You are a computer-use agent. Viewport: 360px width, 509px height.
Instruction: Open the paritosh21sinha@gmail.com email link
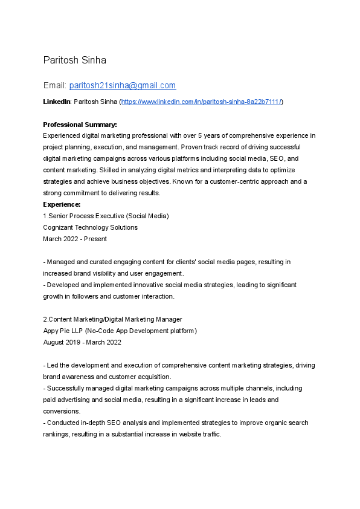tap(123, 86)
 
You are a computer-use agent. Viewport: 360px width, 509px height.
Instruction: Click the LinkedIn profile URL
tap(202, 102)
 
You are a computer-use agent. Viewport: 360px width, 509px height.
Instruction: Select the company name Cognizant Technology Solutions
tap(90, 227)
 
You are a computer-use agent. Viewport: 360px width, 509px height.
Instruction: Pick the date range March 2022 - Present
tap(75, 239)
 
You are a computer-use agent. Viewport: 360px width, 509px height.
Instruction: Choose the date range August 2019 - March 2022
tap(82, 342)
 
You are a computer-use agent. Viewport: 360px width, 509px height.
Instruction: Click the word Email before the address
tap(54, 86)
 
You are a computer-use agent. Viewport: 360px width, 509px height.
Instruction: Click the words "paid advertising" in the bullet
tap(66, 400)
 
